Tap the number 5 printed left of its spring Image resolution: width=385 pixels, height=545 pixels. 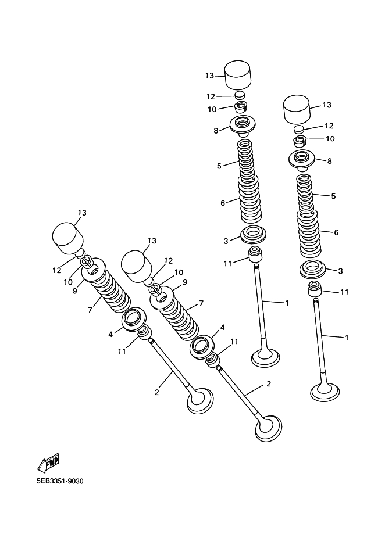coord(219,166)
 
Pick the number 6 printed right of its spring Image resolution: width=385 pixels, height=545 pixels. coord(336,232)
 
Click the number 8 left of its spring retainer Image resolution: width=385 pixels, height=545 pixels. coord(216,131)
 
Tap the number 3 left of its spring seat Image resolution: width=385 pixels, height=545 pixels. coord(225,240)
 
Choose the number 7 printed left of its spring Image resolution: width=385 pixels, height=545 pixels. coord(90,310)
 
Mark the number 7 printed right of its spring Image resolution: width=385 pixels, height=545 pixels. coord(201,303)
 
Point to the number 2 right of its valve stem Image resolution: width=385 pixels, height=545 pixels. coord(268,384)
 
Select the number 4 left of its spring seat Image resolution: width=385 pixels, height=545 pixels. coord(110,334)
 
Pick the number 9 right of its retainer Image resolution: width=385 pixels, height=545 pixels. coord(184,282)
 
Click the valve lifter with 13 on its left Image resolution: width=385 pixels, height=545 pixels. coord(238,73)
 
